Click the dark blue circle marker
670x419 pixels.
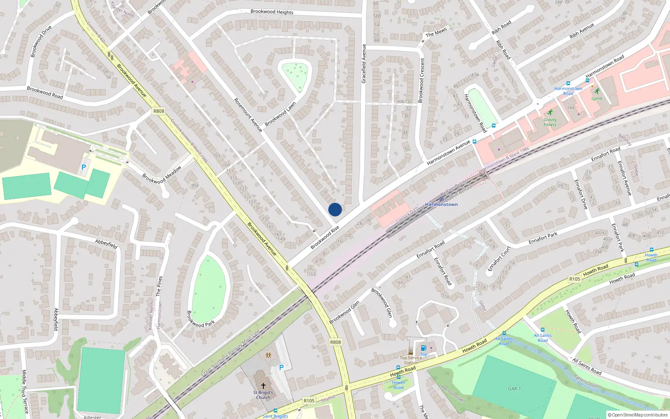[335, 209]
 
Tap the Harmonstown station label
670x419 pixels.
[441, 204]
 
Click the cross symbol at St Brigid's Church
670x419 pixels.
[263, 385]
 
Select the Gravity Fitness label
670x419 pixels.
[550, 122]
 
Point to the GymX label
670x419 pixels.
[597, 99]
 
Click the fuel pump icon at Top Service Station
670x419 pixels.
[423, 348]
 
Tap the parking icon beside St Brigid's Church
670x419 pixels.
[281, 367]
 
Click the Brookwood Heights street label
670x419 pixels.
[272, 12]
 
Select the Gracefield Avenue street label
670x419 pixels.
[364, 64]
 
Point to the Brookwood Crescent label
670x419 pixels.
[421, 80]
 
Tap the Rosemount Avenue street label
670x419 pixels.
[248, 115]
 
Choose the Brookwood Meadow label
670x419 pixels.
[162, 175]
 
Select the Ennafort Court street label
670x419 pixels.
[500, 259]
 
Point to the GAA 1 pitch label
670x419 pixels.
[514, 388]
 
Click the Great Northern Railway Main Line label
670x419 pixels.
[230, 353]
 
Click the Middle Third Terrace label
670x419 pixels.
[24, 391]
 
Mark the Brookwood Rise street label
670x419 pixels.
[325, 238]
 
